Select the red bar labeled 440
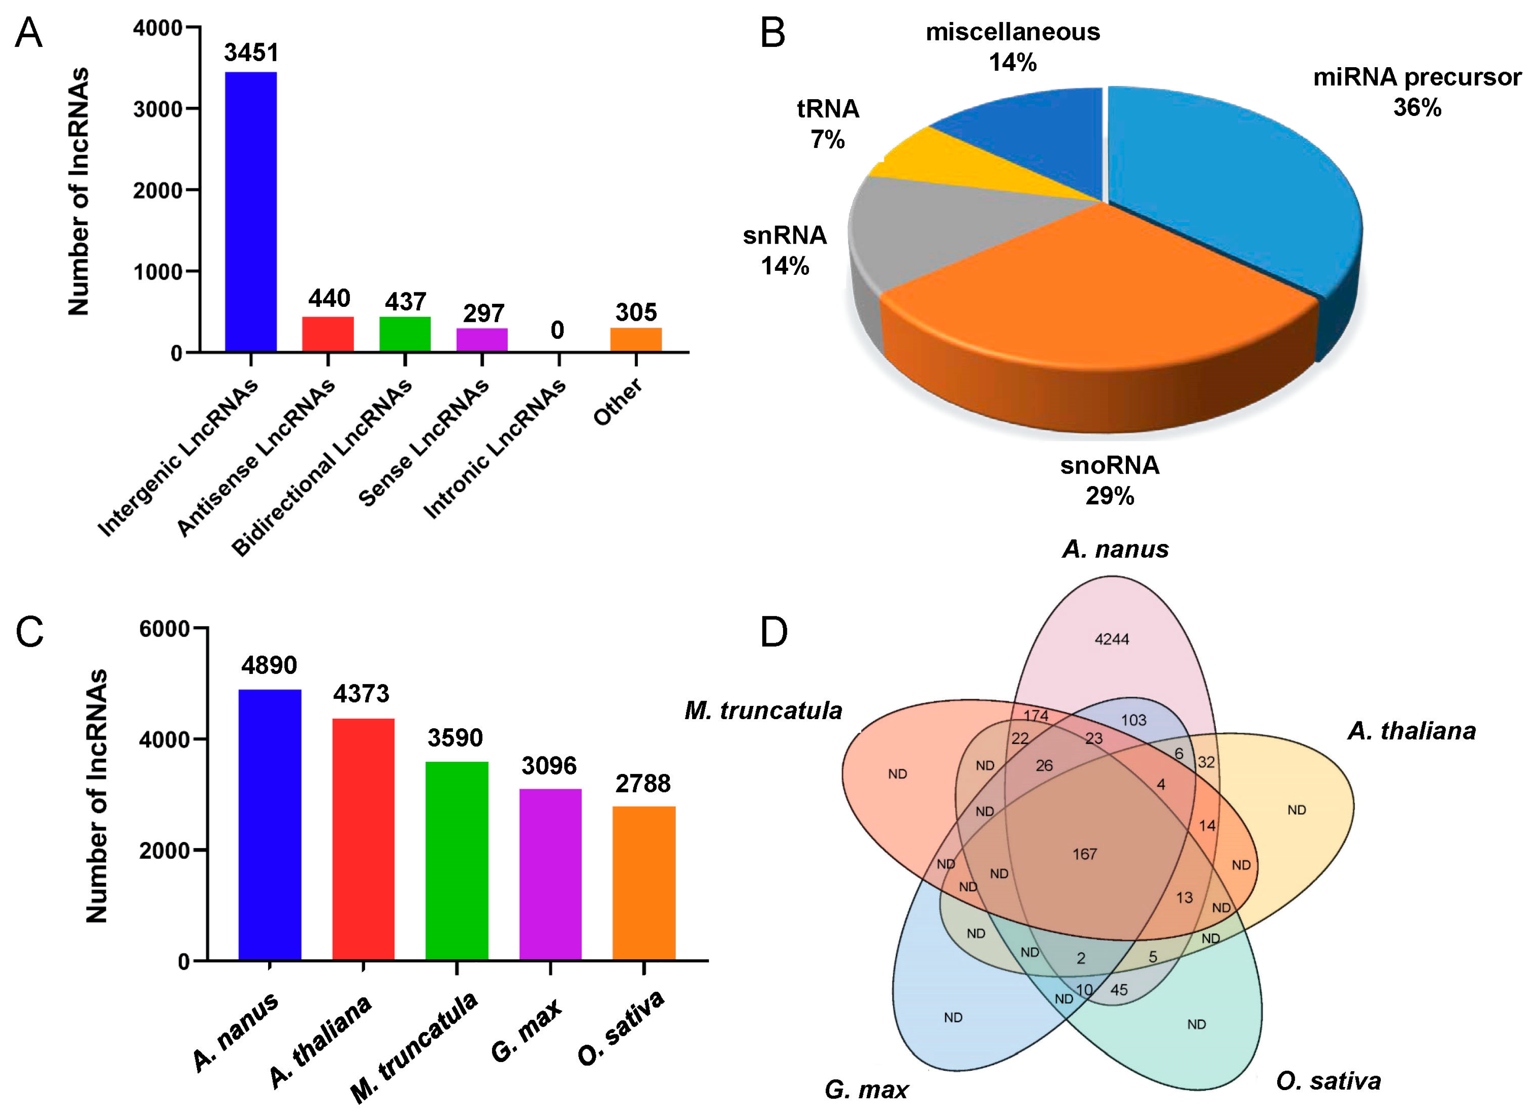click(327, 334)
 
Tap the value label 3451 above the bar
click(251, 53)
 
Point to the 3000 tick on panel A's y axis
click(158, 109)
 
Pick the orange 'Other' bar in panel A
click(636, 339)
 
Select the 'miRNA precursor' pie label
click(1417, 77)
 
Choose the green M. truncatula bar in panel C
click(456, 860)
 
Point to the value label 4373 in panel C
click(361, 693)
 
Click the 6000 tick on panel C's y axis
click(164, 628)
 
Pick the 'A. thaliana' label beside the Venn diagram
click(1412, 731)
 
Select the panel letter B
click(772, 32)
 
